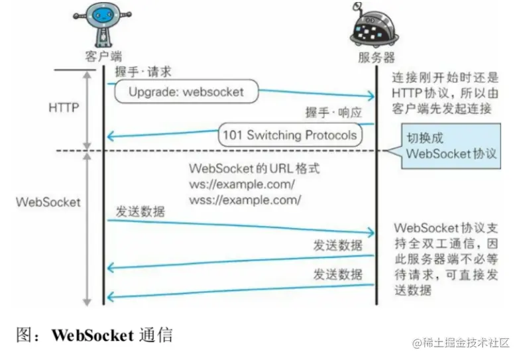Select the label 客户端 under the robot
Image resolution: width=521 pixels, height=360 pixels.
(x=103, y=56)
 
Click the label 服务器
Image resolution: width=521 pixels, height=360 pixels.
(x=376, y=57)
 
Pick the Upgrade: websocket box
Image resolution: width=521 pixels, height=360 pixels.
(x=186, y=92)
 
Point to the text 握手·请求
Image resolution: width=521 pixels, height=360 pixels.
(x=143, y=72)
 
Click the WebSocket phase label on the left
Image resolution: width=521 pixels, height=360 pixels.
(x=47, y=201)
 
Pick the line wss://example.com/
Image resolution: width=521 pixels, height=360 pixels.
(x=245, y=199)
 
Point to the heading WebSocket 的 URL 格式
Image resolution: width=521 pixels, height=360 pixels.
(x=254, y=169)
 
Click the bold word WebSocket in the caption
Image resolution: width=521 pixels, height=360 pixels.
(x=92, y=335)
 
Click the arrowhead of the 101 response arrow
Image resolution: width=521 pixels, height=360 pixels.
(x=111, y=137)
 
